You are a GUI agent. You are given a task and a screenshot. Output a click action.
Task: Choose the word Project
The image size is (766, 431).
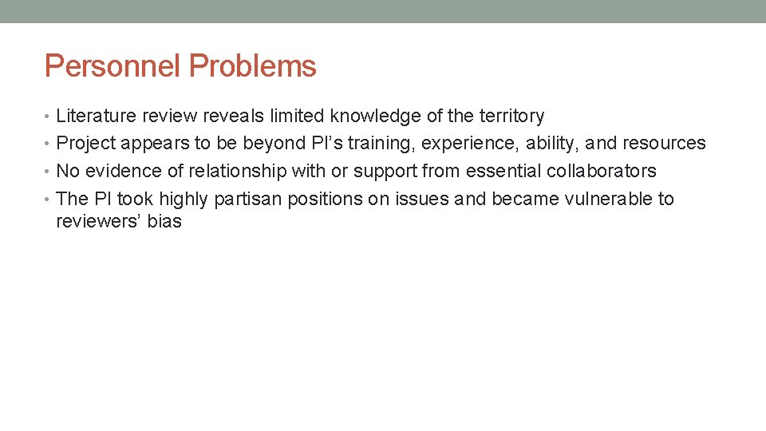click(85, 144)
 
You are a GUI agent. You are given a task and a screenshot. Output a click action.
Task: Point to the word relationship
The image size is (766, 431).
click(237, 172)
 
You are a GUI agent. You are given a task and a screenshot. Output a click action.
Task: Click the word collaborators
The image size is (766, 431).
click(601, 172)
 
